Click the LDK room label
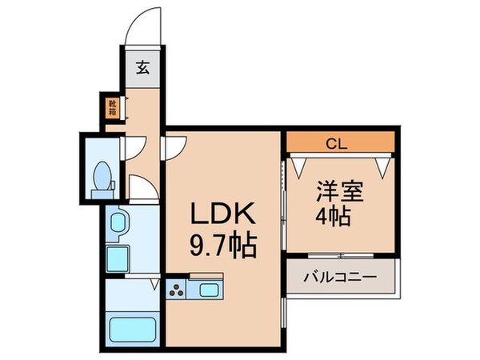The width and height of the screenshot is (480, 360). pos(222,214)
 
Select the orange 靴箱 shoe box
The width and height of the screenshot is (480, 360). pos(113,106)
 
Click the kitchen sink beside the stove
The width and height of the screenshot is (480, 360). pos(210,290)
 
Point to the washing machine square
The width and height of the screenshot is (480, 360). pos(117,257)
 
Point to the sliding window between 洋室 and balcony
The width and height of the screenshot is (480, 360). pos(341,256)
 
